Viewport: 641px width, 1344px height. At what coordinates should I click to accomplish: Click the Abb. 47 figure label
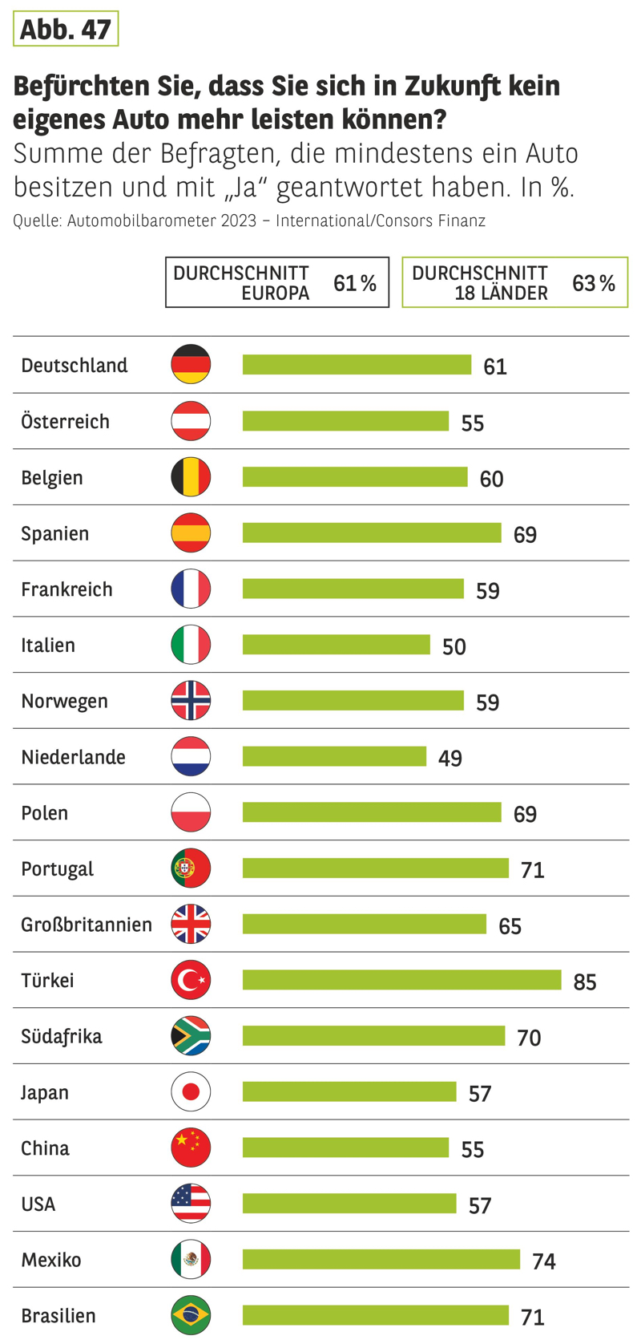pyautogui.click(x=65, y=29)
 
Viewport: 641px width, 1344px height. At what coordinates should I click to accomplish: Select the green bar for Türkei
pyautogui.click(x=401, y=980)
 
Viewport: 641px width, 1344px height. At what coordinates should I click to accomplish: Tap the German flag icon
pyautogui.click(x=191, y=364)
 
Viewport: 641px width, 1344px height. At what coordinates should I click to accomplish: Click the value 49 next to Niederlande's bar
pyautogui.click(x=450, y=758)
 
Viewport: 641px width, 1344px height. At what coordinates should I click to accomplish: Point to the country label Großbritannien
pyautogui.click(x=87, y=925)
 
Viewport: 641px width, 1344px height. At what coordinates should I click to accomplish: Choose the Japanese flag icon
pyautogui.click(x=191, y=1092)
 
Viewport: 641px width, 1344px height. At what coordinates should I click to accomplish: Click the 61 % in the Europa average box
pyautogui.click(x=355, y=283)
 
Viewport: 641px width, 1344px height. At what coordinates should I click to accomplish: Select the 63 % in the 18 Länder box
pyautogui.click(x=594, y=283)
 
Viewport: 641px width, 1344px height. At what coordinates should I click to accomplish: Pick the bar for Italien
pyautogui.click(x=336, y=645)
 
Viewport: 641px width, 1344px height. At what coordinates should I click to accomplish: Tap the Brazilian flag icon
pyautogui.click(x=191, y=1315)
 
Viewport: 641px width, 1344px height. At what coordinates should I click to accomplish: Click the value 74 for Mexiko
pyautogui.click(x=544, y=1261)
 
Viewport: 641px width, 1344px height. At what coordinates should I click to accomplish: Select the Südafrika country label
pyautogui.click(x=62, y=1036)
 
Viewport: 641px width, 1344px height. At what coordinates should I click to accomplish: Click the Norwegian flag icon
pyautogui.click(x=191, y=701)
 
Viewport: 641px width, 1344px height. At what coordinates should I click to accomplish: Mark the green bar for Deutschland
pyautogui.click(x=357, y=365)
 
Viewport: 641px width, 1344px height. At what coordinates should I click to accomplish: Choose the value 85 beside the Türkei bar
pyautogui.click(x=585, y=982)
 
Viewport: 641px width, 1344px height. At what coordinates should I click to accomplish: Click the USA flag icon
pyautogui.click(x=191, y=1204)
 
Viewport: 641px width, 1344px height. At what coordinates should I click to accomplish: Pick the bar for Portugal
pyautogui.click(x=375, y=868)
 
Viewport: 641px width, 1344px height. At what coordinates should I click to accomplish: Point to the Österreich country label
pyautogui.click(x=65, y=421)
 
